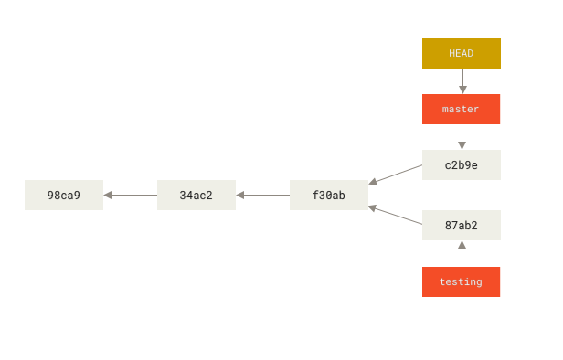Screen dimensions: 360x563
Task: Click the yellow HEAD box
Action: pos(461,53)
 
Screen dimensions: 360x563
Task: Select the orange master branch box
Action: pos(461,109)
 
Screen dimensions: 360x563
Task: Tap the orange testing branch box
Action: pos(461,281)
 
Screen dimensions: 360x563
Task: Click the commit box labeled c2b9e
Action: pos(461,165)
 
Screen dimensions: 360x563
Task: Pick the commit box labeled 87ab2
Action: pos(461,226)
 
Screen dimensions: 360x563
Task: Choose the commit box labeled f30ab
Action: pos(328,196)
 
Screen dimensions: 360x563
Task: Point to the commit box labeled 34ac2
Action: pos(196,196)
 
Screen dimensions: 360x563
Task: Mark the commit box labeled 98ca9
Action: pos(63,196)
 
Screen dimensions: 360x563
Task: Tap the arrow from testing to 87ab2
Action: pos(462,255)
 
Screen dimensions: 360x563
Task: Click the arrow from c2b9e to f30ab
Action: pos(398,175)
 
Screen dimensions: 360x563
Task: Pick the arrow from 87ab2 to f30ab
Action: pos(398,216)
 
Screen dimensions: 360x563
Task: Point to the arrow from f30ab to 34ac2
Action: pos(264,195)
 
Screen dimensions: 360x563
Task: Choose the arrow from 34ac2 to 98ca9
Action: pos(132,195)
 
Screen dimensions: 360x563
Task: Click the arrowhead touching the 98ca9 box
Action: pos(108,195)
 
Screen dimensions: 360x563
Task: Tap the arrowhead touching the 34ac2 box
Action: pos(240,195)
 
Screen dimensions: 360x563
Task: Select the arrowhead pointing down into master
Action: pos(462,90)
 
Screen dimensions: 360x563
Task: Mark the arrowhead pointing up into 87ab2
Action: pos(462,245)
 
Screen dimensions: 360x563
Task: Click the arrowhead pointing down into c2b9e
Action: pos(462,145)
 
